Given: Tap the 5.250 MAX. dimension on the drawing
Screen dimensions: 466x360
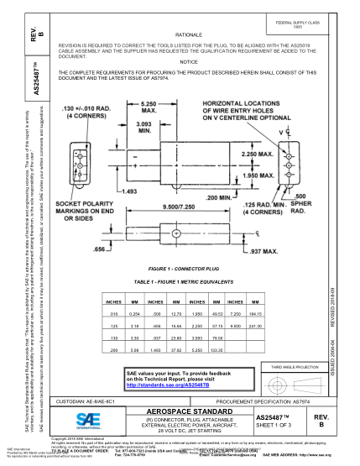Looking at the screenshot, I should point(125,107).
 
